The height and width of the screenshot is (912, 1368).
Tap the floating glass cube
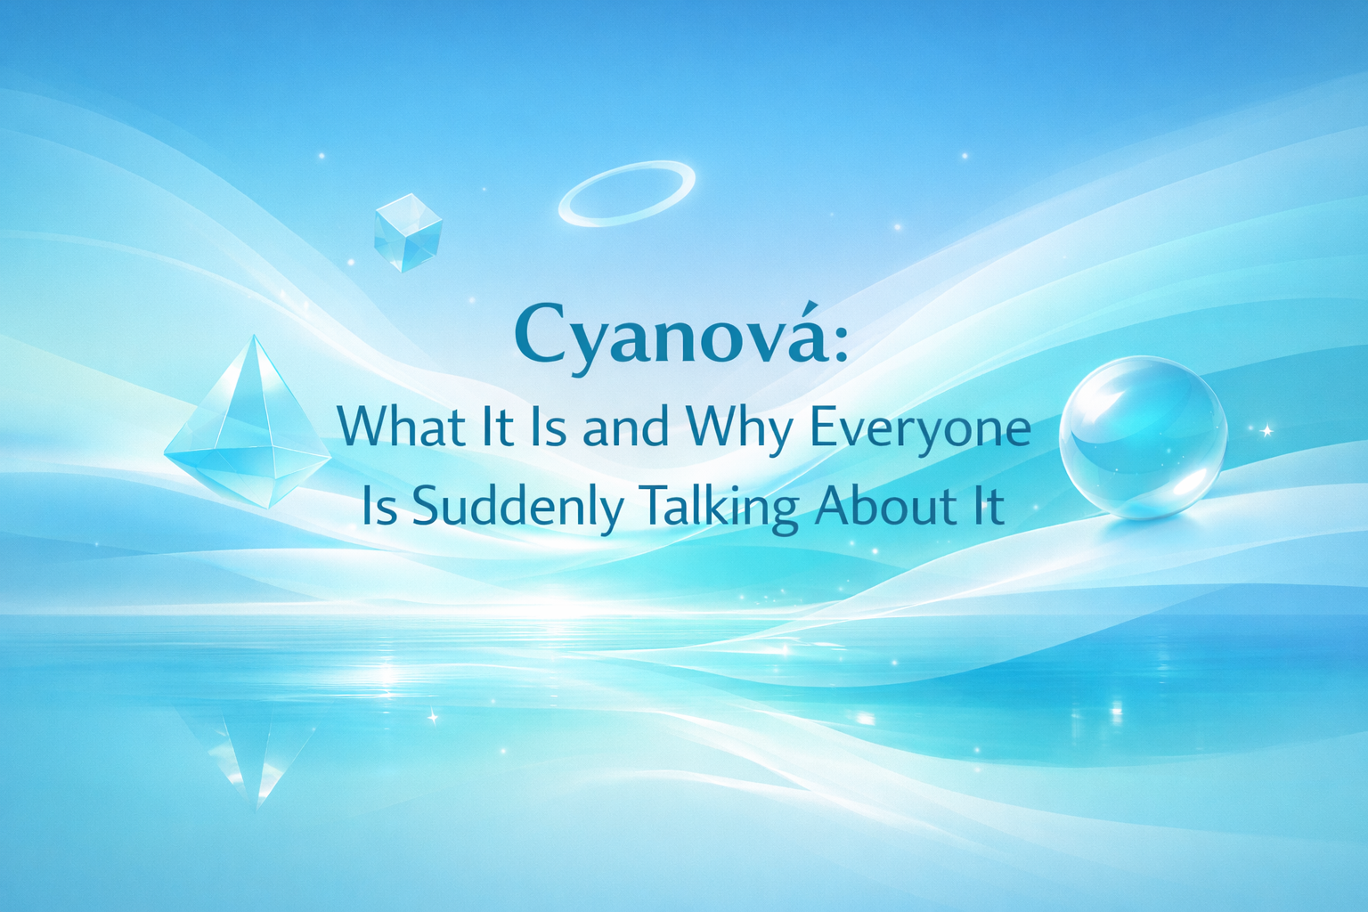(408, 232)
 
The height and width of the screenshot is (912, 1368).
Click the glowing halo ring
(627, 193)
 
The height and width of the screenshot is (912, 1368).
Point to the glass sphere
(1143, 436)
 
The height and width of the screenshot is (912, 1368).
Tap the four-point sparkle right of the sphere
(1266, 431)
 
